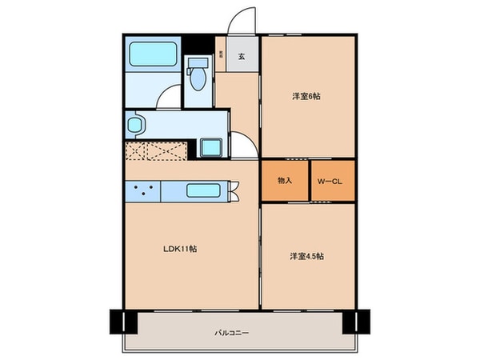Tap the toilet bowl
197,78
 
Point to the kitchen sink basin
206,190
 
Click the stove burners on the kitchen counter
142,190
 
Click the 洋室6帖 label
306,96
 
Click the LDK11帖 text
181,248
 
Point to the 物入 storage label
285,180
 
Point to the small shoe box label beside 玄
221,55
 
